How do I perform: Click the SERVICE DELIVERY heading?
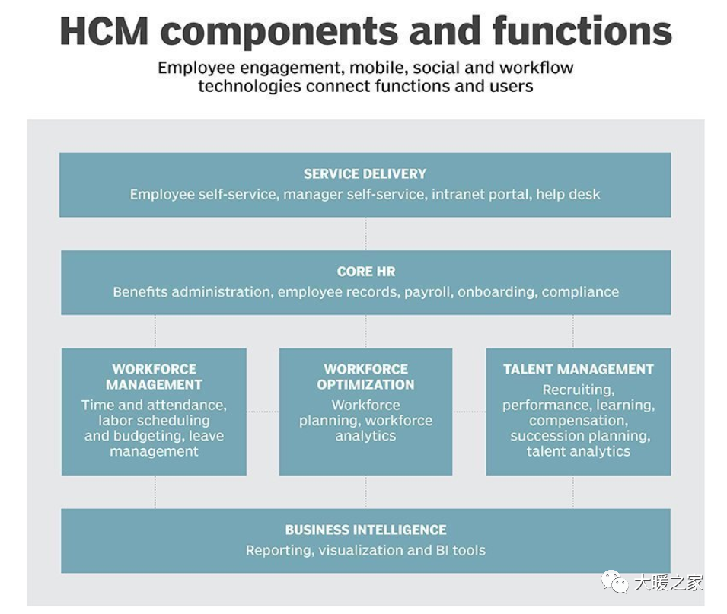(x=365, y=173)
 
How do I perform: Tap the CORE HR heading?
(x=366, y=272)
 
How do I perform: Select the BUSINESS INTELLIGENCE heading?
(x=366, y=530)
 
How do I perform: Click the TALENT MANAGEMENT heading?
(x=578, y=369)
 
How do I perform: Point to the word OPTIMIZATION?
(x=366, y=385)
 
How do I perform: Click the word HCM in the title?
(x=104, y=31)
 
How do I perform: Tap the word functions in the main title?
(x=582, y=30)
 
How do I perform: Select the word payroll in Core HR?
(x=429, y=292)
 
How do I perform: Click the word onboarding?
(x=498, y=292)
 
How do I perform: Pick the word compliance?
(x=580, y=292)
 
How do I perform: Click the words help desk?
(x=568, y=194)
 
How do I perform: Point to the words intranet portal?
(x=482, y=194)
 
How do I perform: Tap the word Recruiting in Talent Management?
(x=578, y=390)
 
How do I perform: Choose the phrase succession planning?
(x=580, y=436)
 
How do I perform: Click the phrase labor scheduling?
(x=154, y=420)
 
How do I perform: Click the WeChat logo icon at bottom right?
(x=614, y=581)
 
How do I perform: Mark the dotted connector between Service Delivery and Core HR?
(x=366, y=234)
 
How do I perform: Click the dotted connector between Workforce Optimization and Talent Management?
(x=469, y=412)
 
